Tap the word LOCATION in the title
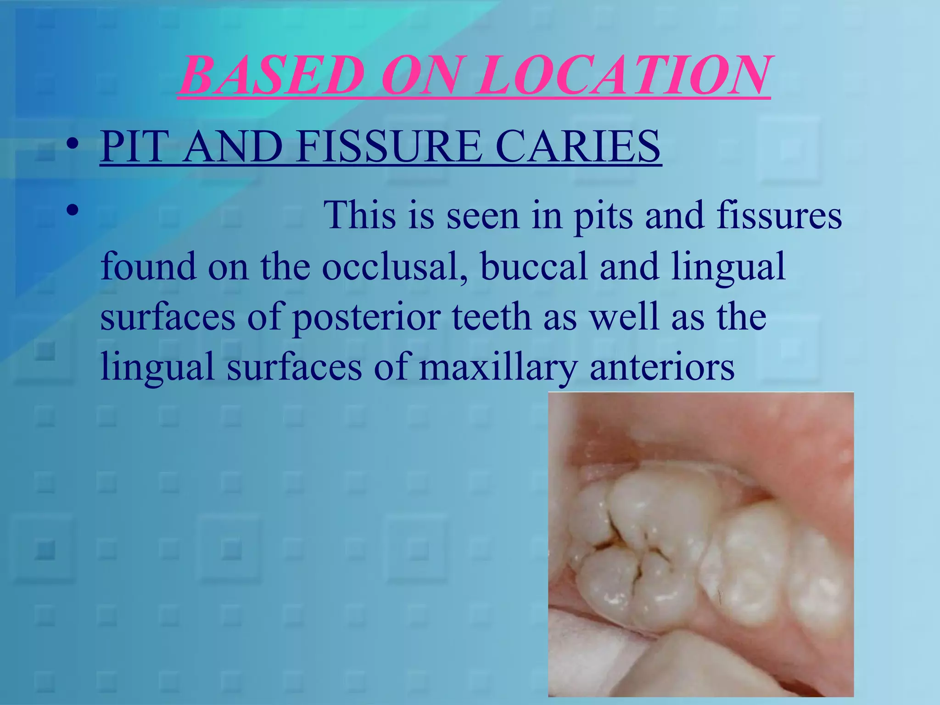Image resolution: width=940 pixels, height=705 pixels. coord(622,75)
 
